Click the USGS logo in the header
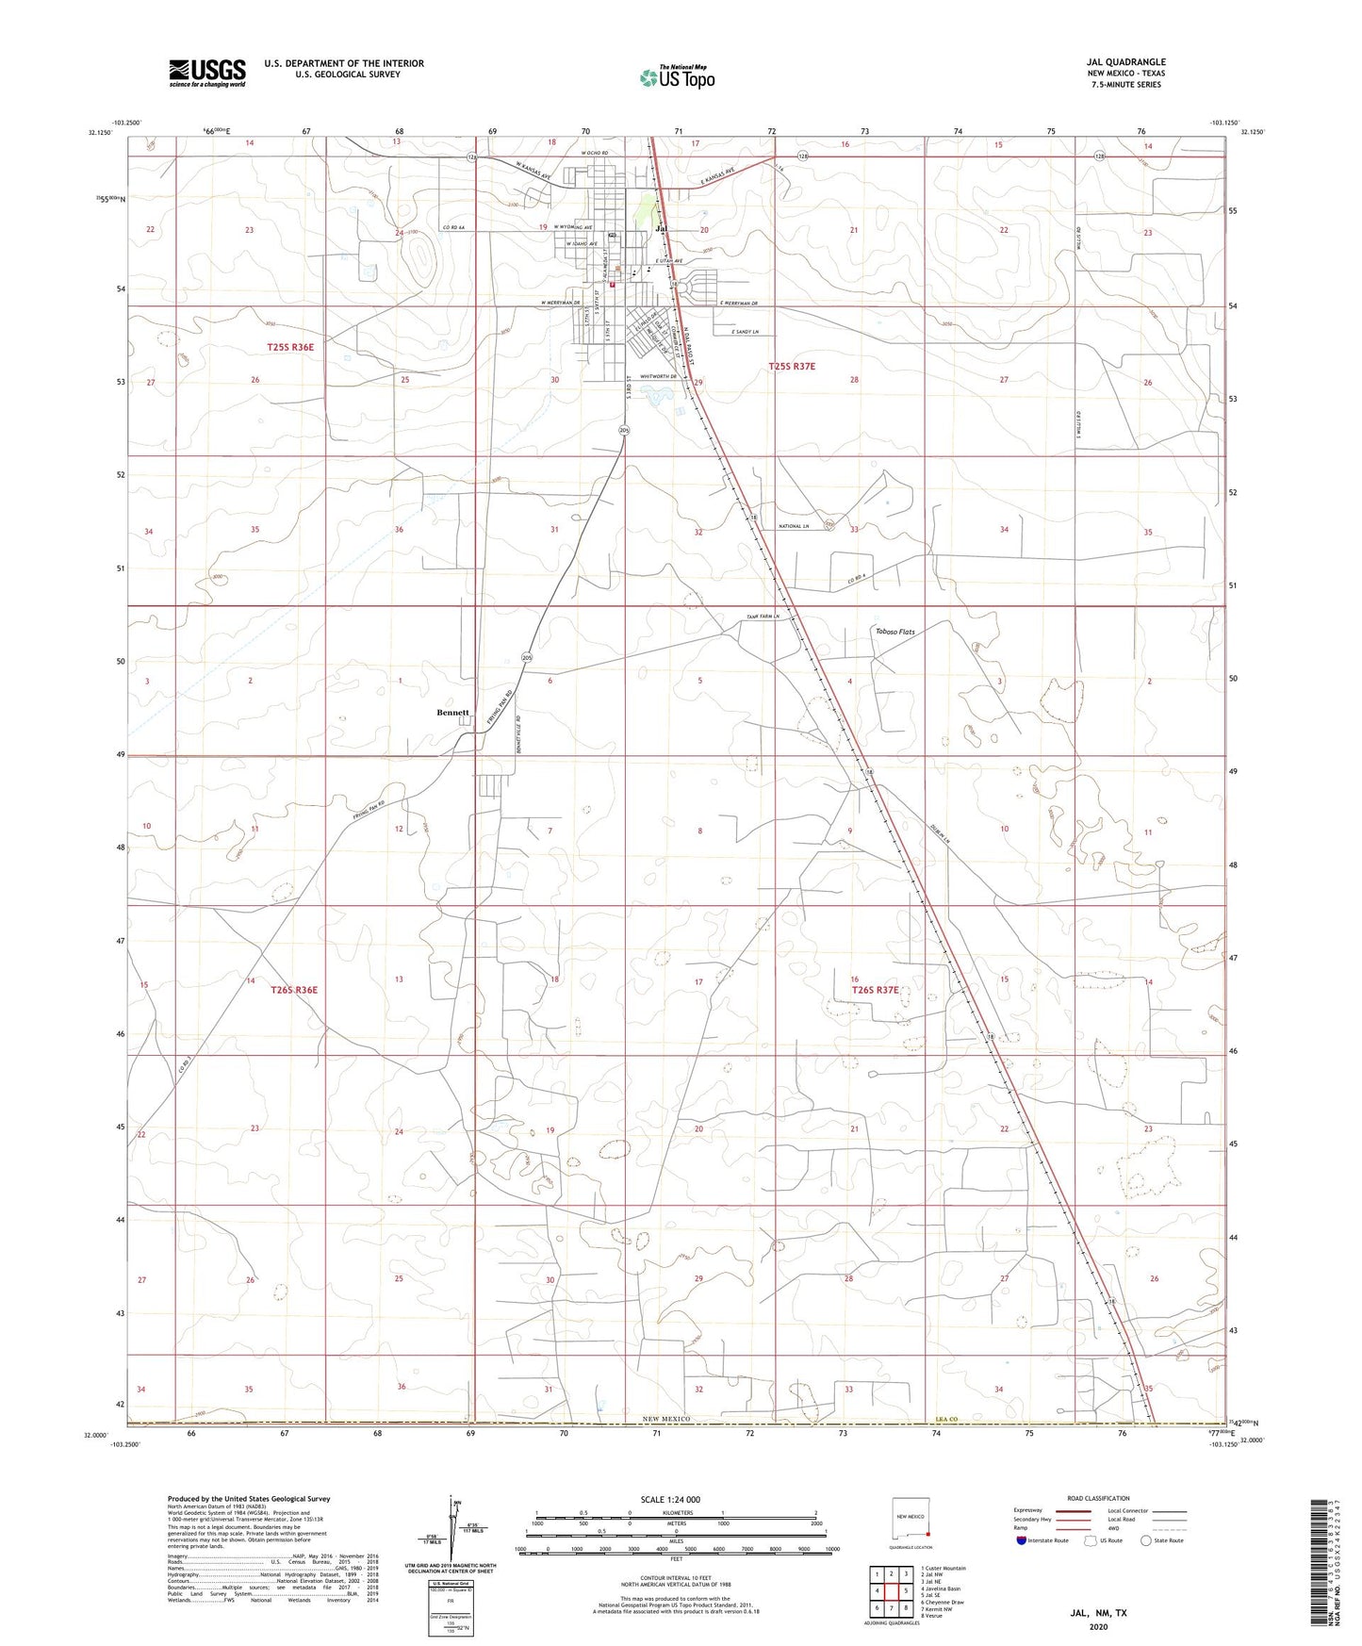pyautogui.click(x=207, y=72)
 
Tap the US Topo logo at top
pyautogui.click(x=677, y=77)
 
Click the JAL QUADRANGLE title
pyautogui.click(x=1125, y=62)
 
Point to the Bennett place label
pyautogui.click(x=452, y=713)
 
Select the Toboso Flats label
pyautogui.click(x=894, y=632)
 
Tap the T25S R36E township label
pyautogui.click(x=290, y=347)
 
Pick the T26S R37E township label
pyautogui.click(x=876, y=990)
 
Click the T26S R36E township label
pyautogui.click(x=294, y=990)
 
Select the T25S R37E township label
pyautogui.click(x=792, y=366)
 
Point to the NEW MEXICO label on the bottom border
pyautogui.click(x=667, y=1419)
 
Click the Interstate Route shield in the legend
pyautogui.click(x=1023, y=1540)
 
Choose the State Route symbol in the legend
pyautogui.click(x=1146, y=1540)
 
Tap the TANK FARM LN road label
pyautogui.click(x=763, y=617)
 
